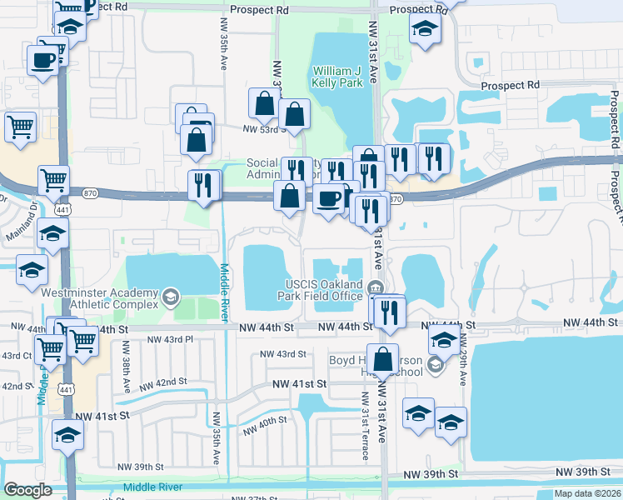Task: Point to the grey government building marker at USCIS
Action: (374, 288)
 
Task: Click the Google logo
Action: (27, 490)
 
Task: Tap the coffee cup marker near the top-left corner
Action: (42, 60)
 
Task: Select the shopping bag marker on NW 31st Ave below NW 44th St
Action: (382, 360)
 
